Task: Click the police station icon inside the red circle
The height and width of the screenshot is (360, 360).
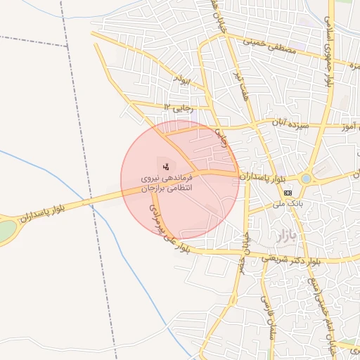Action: tap(166, 167)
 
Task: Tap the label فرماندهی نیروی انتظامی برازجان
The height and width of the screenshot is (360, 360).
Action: tap(167, 184)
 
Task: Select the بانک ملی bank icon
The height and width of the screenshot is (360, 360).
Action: tap(288, 193)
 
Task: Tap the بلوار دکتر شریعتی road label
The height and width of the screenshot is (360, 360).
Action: tap(292, 259)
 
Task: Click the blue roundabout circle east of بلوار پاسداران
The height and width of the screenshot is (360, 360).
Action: tap(306, 179)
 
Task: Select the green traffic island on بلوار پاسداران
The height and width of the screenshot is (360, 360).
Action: tap(6, 231)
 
